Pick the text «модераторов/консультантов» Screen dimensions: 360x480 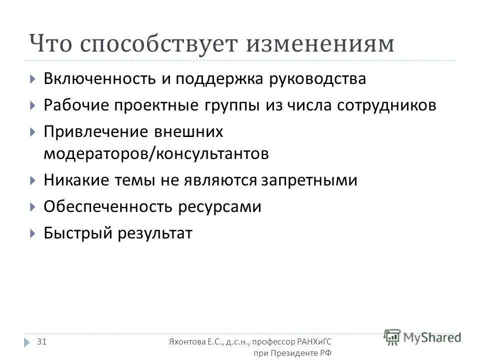coord(156,153)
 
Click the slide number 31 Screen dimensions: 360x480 coord(42,341)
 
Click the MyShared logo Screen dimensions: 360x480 coord(422,337)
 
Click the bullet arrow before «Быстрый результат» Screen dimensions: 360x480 coord(32,232)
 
